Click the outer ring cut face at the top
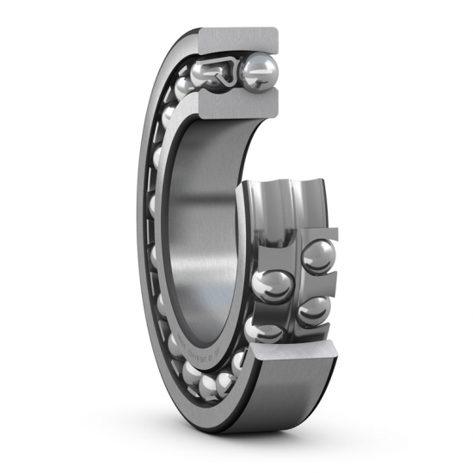coord(239,40)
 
